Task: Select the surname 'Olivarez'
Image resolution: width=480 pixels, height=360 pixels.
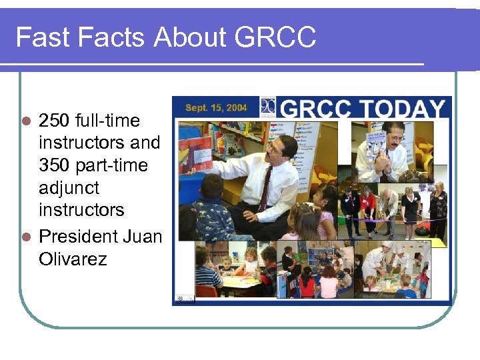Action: [73, 259]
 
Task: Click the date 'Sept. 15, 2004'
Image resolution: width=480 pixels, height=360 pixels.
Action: [216, 107]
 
